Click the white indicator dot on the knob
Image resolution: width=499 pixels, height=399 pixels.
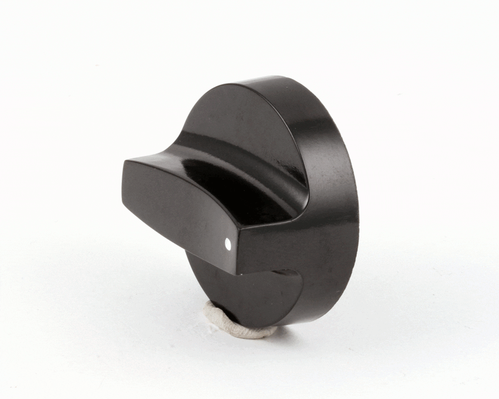(x=228, y=245)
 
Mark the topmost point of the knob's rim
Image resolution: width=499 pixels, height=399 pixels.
(x=274, y=77)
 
